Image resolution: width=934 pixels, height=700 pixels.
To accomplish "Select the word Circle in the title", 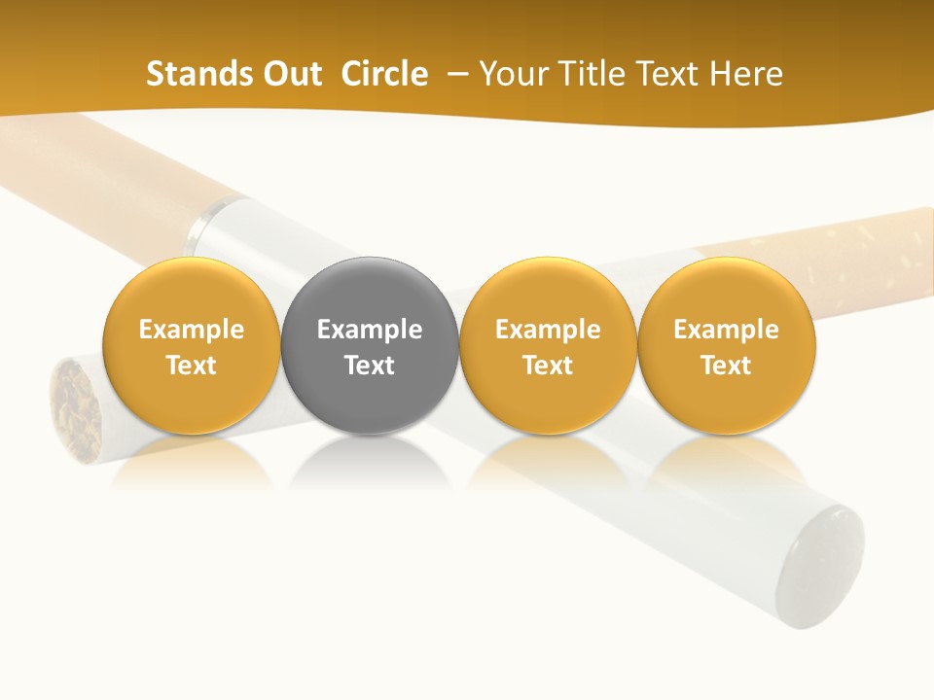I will point(384,74).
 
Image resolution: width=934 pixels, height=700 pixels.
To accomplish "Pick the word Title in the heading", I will point(591,74).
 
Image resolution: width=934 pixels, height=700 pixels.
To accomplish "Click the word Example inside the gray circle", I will point(370,330).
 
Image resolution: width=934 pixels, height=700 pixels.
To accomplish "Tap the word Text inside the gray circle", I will point(370,366).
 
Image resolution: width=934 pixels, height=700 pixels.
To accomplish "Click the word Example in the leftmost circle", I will point(192,330).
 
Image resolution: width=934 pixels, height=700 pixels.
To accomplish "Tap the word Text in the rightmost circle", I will point(727,366).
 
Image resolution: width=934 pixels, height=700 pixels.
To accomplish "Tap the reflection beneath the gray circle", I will point(370,463).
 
